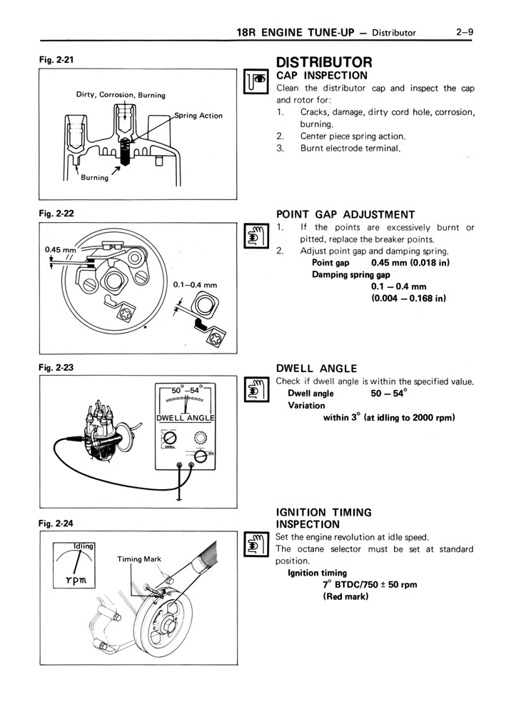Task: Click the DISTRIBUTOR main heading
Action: pyautogui.click(x=324, y=62)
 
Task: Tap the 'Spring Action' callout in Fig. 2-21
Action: pyautogui.click(x=198, y=116)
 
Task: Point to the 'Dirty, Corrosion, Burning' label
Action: pyautogui.click(x=121, y=95)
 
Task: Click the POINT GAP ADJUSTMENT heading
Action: pyautogui.click(x=345, y=214)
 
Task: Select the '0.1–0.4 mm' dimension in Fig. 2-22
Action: pyautogui.click(x=195, y=285)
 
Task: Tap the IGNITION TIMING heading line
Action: pyautogui.click(x=323, y=512)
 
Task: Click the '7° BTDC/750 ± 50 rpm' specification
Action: pyautogui.click(x=370, y=584)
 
